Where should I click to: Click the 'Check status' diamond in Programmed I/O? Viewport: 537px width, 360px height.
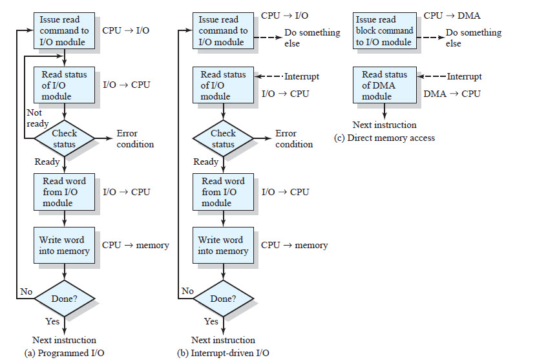pos(64,138)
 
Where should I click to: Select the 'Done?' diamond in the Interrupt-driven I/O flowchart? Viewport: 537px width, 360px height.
pos(223,299)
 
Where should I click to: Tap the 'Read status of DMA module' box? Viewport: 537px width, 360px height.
pos(384,85)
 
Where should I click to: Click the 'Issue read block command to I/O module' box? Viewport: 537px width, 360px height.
pos(384,30)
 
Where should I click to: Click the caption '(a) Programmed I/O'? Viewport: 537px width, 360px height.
pos(64,353)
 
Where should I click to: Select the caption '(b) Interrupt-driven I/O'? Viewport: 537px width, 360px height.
pos(223,353)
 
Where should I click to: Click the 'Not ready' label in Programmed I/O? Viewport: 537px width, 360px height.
pos(34,118)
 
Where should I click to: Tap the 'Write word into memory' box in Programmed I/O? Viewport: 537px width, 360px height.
pos(64,245)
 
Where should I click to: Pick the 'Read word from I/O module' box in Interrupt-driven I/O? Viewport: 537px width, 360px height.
pos(223,192)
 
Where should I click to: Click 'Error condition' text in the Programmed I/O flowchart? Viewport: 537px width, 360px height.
pos(135,139)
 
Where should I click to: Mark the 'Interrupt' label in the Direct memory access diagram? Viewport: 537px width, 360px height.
pos(464,76)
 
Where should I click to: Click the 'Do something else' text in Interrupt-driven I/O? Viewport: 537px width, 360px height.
pos(312,38)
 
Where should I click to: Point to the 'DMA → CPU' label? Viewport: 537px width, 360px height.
pos(452,94)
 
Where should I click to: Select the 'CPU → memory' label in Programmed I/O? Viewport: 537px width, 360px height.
pos(136,245)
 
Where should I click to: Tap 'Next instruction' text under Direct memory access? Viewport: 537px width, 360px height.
pos(384,125)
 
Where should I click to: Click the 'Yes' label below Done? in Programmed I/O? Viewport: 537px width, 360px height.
pos(52,321)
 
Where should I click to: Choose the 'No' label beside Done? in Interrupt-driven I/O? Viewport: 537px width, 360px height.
pos(187,291)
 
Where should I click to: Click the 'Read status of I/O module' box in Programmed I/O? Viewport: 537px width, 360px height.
pos(64,85)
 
